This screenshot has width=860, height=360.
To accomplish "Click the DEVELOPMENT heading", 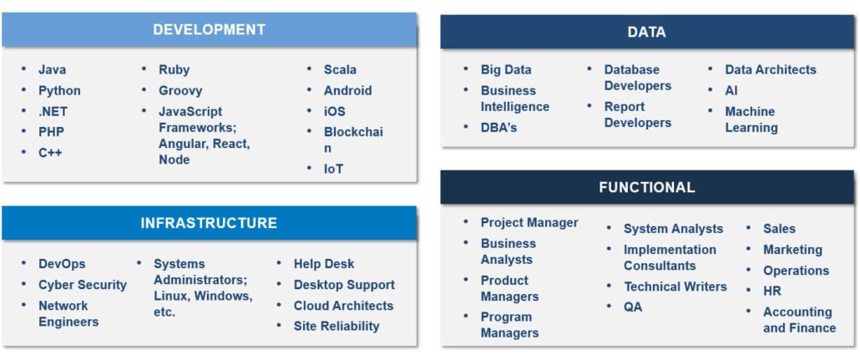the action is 209,29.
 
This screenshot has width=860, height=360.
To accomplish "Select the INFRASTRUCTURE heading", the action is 209,223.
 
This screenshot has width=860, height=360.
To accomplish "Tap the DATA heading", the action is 646,32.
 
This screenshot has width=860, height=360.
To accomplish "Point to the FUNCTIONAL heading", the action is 646,187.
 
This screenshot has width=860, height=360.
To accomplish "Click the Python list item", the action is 59,90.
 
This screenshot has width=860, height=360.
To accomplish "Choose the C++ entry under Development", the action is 50,153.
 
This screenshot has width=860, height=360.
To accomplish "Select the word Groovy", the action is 180,90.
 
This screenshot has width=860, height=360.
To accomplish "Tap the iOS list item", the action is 335,111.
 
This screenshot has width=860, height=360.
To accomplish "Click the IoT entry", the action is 333,169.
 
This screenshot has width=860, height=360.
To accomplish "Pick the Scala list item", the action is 340,69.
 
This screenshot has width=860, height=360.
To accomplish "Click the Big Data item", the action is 506,69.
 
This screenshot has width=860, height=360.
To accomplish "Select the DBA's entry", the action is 499,127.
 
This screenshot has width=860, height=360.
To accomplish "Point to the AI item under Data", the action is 731,90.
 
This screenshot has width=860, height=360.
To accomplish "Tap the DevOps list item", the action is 62,264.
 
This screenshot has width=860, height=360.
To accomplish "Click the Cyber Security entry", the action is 83,285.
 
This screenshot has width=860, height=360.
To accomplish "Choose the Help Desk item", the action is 324,264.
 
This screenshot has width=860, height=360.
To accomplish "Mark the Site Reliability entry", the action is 336,326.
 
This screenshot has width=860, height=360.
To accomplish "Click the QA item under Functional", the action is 633,307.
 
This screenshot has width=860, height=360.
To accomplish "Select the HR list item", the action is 772,291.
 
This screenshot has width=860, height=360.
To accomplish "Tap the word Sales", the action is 779,228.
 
